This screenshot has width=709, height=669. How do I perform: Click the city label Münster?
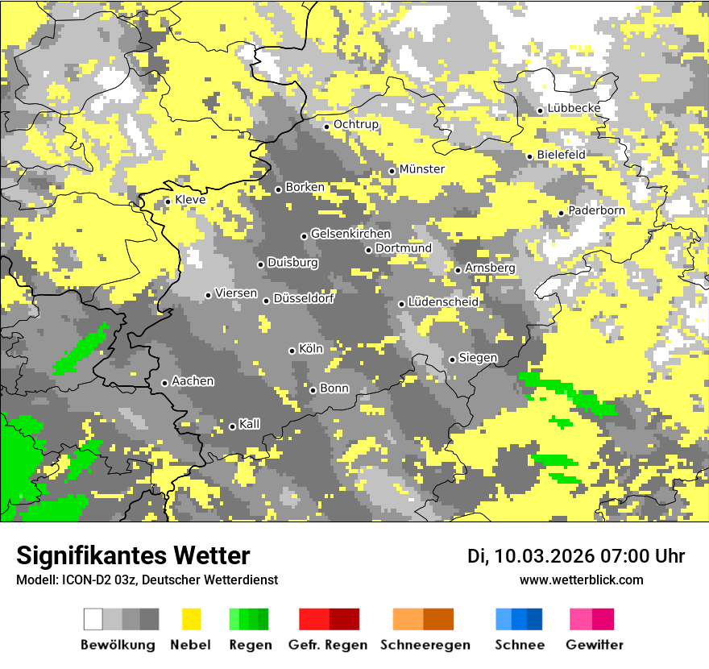[x=422, y=169]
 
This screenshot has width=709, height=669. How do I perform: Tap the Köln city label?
[x=310, y=350]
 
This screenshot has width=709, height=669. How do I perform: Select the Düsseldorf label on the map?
[x=304, y=299]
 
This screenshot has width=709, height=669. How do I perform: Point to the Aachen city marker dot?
[x=164, y=383]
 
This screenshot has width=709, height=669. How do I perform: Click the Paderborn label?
[x=596, y=211]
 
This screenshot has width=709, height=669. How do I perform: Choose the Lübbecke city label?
[x=574, y=109]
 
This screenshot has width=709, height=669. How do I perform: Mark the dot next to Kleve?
[x=168, y=202]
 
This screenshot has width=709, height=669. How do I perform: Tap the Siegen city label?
[x=478, y=358]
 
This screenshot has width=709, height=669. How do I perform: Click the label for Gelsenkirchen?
[x=350, y=235]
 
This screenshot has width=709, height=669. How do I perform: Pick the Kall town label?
[x=249, y=425]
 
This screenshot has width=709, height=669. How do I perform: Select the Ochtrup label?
[x=355, y=125]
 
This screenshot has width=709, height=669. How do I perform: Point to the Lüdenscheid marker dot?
[x=402, y=304]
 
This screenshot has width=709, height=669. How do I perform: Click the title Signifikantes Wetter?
[x=133, y=556]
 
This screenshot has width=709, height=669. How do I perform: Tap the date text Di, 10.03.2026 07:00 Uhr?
[x=576, y=556]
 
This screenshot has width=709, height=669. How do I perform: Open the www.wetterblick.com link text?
[x=581, y=580]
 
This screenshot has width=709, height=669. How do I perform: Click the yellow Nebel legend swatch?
[x=191, y=619]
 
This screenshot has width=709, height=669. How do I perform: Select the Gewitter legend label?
[x=594, y=645]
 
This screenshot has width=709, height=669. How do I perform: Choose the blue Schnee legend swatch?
[x=519, y=619]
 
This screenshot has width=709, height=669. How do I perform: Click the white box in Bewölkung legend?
[x=93, y=619]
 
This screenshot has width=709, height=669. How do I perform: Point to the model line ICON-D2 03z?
[x=147, y=580]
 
